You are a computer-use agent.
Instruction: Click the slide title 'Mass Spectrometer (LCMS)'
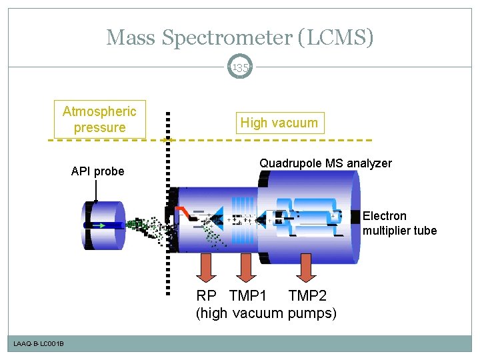pos(240,37)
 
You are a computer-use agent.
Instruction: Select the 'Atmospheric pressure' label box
pos(99,119)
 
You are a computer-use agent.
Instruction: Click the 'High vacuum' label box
pos(279,123)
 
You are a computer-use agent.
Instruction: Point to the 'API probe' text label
pos(97,171)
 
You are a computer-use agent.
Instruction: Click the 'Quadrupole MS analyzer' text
pos(325,163)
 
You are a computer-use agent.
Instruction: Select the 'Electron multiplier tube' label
pos(399,223)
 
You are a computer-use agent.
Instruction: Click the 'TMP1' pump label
pos(248,295)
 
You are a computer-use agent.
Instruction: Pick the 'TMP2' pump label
pos(307,295)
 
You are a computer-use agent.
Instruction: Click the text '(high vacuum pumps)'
pos(266,313)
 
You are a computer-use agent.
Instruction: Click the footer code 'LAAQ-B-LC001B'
pos(39,343)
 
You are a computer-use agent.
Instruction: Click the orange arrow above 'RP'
pos(206,269)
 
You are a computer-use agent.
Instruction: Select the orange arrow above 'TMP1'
pos(246,269)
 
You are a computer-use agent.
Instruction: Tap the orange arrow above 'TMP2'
pos(307,269)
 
